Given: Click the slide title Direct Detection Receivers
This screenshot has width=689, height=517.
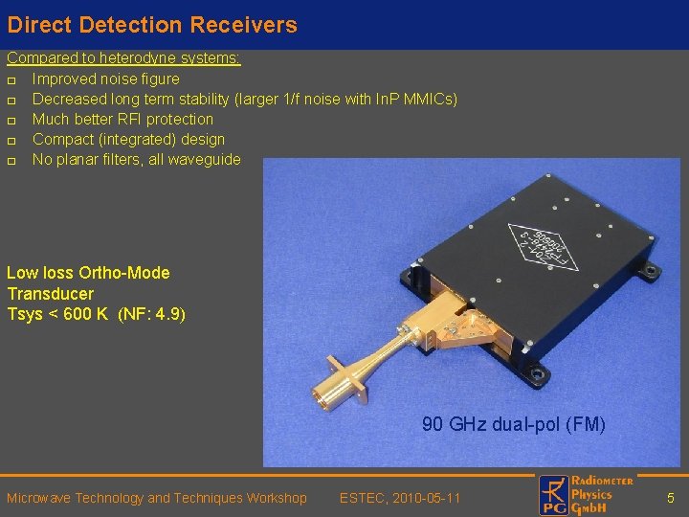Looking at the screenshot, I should pos(152,25).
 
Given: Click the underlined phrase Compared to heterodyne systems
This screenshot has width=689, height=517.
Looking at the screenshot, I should pos(123,58).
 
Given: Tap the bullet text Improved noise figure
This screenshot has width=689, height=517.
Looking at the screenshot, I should pos(105,79).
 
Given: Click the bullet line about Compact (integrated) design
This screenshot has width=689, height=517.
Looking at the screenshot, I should pos(128,139).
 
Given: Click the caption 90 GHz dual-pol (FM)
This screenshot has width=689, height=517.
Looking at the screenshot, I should pos(514,424).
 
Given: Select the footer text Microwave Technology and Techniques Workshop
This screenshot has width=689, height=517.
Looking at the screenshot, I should pos(157,498).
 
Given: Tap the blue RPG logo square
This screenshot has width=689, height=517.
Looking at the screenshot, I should pos(553,496).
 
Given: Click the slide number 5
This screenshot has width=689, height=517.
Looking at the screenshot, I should pos(671,498).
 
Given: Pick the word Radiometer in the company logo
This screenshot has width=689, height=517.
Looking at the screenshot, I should pos(602,481).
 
